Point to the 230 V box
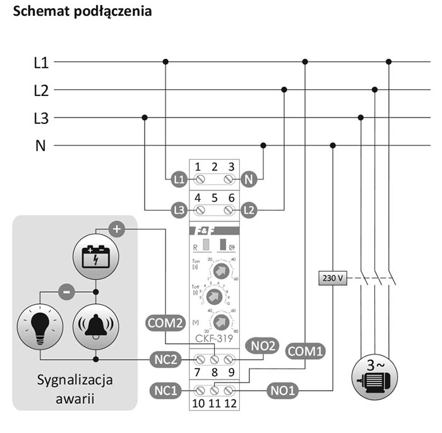pos(333,277)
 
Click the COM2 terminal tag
pos(165,322)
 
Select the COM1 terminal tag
pos(306,350)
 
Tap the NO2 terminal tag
pos(265,345)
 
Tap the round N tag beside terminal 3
pos(249,180)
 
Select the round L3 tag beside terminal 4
pos(179,209)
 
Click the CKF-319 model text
pos(213,338)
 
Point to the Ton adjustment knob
pos(220,271)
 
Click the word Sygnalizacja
pos(74,381)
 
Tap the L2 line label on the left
pos(41,90)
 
